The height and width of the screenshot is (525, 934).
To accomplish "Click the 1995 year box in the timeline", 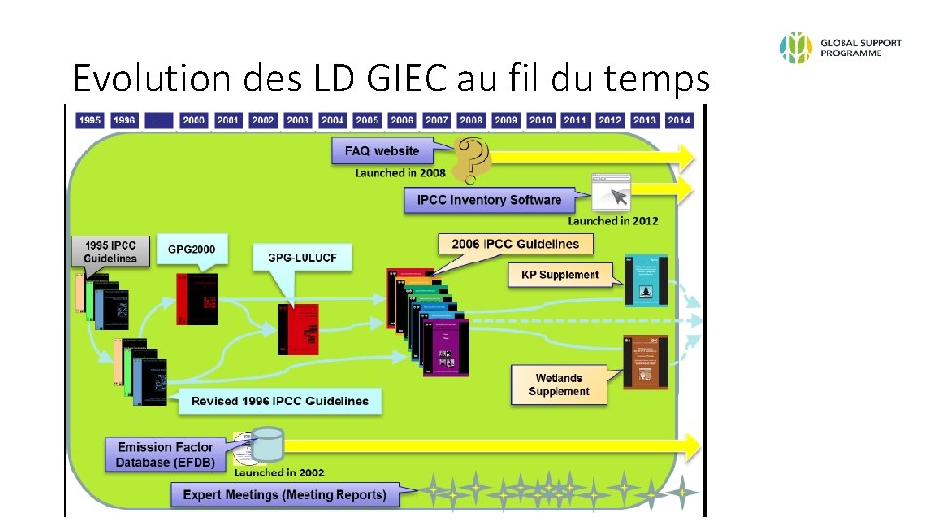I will point(90,120).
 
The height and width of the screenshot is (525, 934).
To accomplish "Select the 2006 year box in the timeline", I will point(402,120).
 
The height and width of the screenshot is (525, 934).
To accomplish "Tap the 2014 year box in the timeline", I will point(679,120).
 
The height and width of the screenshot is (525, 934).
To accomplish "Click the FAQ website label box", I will point(382,151).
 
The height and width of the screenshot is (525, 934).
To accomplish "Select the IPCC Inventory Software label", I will point(489,200).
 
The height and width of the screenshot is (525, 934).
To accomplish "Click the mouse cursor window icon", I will point(611,194).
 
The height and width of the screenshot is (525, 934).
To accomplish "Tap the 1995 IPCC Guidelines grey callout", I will point(110,250).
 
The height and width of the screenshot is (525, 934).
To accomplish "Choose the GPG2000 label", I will point(192,250).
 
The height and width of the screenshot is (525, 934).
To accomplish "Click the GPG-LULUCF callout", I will point(302,257).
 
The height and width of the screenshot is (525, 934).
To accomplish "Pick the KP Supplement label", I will point(560,275).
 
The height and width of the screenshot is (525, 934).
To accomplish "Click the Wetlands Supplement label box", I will point(559,385).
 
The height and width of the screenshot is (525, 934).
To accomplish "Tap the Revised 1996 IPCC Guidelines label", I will point(279,401).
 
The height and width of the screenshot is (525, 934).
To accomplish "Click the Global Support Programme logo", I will point(841,48).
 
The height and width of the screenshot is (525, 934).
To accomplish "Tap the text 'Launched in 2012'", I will point(613,221).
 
